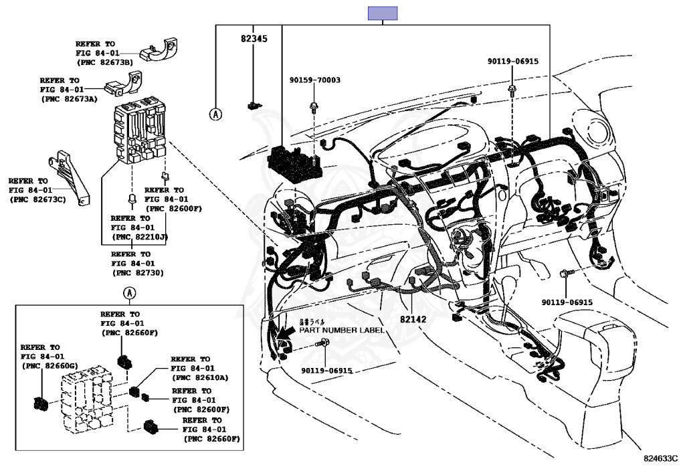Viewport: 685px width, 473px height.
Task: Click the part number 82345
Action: pyautogui.click(x=254, y=39)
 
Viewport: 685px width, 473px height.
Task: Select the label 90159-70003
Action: pyautogui.click(x=314, y=80)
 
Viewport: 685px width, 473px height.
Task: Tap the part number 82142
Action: pyautogui.click(x=413, y=320)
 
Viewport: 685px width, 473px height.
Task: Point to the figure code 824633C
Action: pyautogui.click(x=660, y=458)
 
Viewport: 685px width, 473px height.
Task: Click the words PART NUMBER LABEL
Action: pyautogui.click(x=341, y=330)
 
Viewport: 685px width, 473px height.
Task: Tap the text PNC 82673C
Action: pyautogui.click(x=37, y=199)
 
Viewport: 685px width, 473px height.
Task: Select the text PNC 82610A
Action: pyautogui.click(x=200, y=377)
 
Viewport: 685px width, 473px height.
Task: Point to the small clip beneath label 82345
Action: pyautogui.click(x=254, y=104)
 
